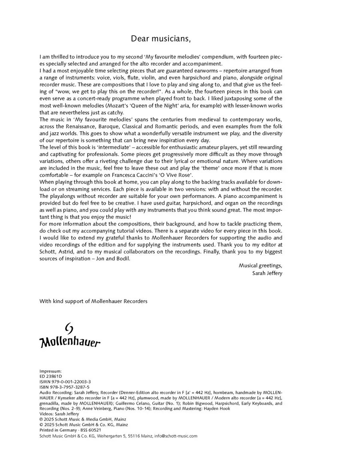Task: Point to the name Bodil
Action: [x=122, y=258]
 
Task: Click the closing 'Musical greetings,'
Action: [x=260, y=265]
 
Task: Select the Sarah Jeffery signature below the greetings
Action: [x=267, y=273]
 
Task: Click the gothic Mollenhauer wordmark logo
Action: [x=70, y=342]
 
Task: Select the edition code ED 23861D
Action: [x=51, y=376]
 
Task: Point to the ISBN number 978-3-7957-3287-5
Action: [x=64, y=387]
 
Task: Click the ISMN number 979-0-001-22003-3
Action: [x=65, y=382]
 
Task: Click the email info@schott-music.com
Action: [x=176, y=436]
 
